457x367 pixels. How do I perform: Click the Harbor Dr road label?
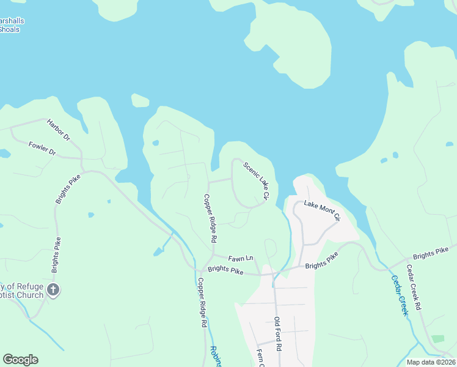[59, 130]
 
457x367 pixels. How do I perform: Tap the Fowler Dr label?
[42, 147]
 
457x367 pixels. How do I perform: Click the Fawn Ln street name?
[241, 259]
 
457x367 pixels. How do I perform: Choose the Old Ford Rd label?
[277, 334]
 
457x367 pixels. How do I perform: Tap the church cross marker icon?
[53, 290]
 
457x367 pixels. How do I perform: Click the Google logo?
[20, 360]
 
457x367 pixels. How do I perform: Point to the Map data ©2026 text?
[431, 362]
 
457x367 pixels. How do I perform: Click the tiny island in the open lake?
[140, 100]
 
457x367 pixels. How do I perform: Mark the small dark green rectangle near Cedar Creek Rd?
[437, 338]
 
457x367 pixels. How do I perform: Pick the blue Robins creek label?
[215, 357]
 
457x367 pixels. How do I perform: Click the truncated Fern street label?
[260, 358]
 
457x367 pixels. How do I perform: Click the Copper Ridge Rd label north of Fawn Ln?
[210, 218]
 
